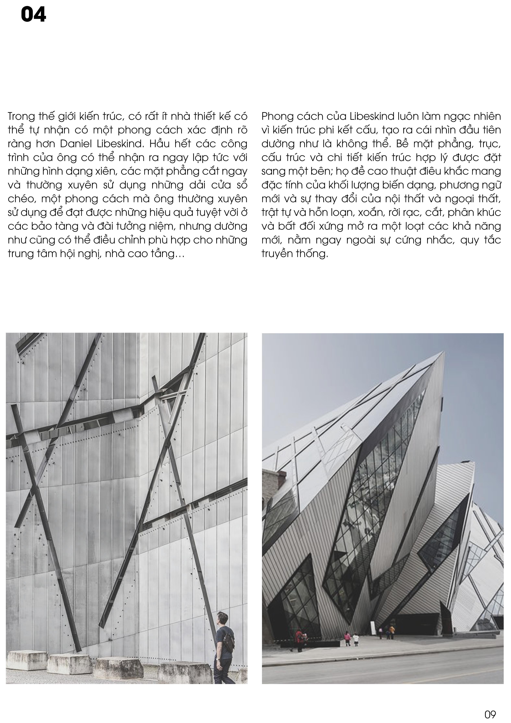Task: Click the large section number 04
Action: tap(33, 15)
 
